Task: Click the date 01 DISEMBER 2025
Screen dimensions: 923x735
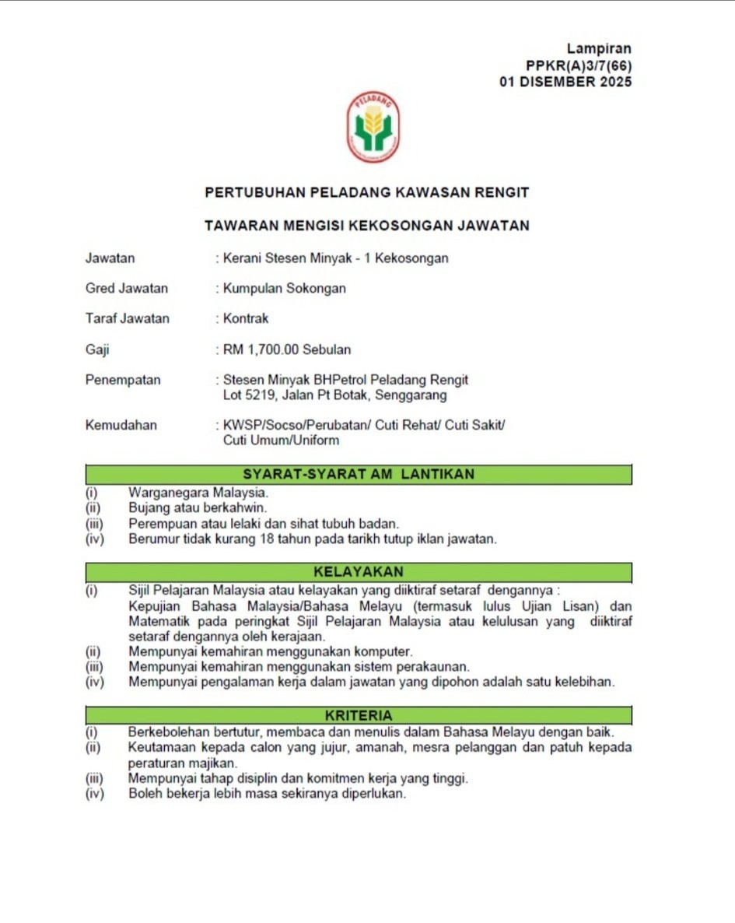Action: click(x=565, y=82)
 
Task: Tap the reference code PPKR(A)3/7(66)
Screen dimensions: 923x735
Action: click(x=579, y=66)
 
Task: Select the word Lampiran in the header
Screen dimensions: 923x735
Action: click(x=599, y=50)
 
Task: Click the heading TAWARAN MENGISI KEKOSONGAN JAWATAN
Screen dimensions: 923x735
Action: click(x=366, y=226)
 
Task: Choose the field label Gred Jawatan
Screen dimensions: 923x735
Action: click(x=127, y=288)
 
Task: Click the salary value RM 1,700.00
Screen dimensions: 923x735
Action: click(x=261, y=349)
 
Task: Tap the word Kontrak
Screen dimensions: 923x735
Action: click(x=246, y=318)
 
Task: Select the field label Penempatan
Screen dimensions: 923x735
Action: click(x=123, y=380)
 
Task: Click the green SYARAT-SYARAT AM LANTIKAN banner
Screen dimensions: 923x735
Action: click(x=359, y=474)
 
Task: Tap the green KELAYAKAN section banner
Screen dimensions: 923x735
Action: click(x=359, y=572)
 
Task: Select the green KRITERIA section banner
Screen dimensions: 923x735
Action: click(x=359, y=714)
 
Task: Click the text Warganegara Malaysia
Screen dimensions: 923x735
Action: click(x=198, y=493)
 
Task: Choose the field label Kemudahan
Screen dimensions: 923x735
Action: click(x=121, y=425)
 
